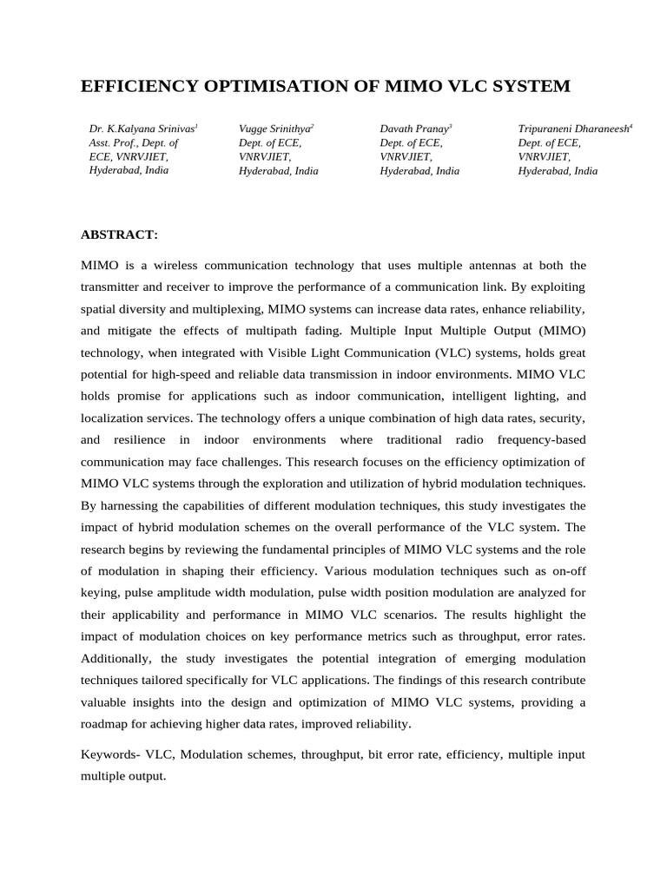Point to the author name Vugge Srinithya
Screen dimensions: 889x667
(274, 128)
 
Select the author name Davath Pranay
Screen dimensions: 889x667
(413, 128)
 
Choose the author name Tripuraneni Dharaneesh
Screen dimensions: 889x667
(572, 128)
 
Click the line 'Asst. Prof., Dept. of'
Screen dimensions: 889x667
(134, 142)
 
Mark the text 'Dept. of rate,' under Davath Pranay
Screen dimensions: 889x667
(411, 142)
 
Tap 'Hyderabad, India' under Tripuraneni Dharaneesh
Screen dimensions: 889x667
(558, 171)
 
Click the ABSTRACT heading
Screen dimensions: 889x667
(120, 234)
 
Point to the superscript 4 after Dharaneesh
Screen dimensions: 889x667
(631, 126)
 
